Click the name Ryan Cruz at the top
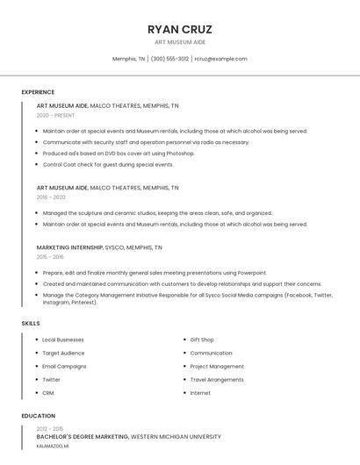coord(180,29)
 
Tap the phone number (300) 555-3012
coord(169,59)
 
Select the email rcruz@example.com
coord(220,59)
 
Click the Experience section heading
coord(38,92)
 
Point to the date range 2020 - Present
coord(55,115)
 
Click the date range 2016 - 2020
coord(51,197)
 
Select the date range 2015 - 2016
coord(50,257)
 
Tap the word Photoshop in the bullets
coord(179,154)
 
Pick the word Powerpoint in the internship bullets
coord(251,273)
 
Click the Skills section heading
coord(31,324)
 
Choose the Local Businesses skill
coord(63,340)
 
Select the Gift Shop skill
coord(202,340)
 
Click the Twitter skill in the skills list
coord(52,380)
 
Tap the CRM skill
coord(48,393)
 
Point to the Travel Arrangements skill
coord(217,380)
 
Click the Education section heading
coord(38,416)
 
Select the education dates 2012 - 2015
coord(51,429)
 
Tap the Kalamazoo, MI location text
coord(53,446)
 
